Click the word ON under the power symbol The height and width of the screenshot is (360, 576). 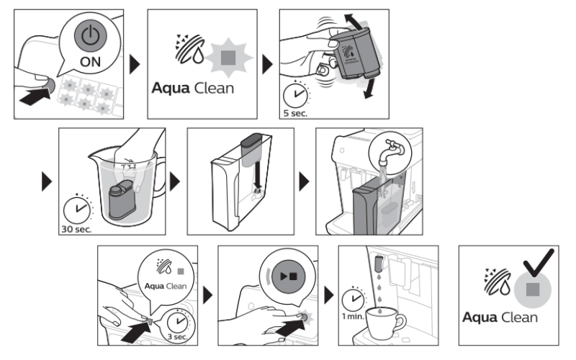(x=90, y=61)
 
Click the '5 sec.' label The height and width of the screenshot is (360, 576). (x=294, y=112)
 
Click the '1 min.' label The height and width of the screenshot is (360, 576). (x=351, y=315)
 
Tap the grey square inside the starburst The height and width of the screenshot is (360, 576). (x=228, y=54)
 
